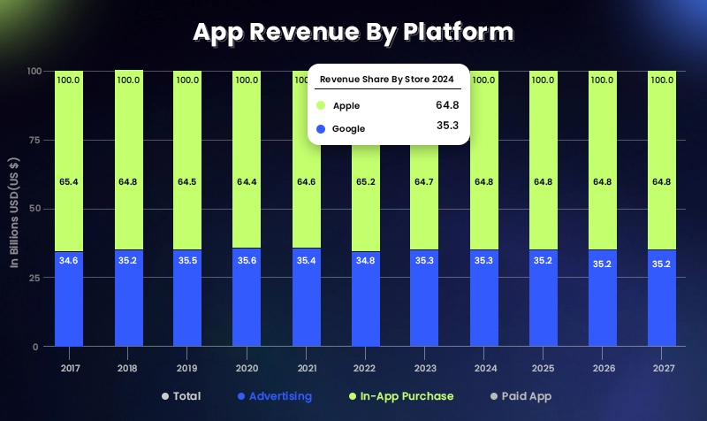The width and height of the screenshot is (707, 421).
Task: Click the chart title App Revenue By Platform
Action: click(353, 32)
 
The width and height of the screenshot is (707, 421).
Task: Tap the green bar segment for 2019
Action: click(187, 159)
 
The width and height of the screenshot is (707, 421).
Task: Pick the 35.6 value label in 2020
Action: click(247, 260)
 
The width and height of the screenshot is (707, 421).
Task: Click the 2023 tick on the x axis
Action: click(424, 367)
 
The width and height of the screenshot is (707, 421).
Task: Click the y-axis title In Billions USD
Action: click(15, 209)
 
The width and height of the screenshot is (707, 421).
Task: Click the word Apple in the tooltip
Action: click(346, 105)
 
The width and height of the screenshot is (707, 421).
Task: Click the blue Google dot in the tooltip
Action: click(321, 128)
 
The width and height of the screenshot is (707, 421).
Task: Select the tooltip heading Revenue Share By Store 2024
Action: click(387, 80)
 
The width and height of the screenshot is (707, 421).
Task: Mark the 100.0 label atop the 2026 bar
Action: click(603, 80)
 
